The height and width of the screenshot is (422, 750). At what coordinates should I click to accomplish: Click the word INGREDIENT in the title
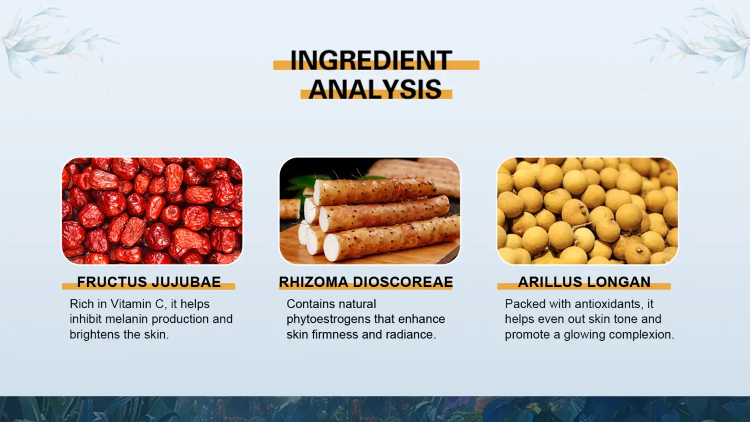371,61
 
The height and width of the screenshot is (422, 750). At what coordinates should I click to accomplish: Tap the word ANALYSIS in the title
375,90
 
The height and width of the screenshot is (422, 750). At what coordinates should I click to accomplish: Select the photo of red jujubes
152,210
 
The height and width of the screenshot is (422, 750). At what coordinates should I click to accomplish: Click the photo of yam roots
369,210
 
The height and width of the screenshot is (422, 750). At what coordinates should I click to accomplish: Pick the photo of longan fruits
587,210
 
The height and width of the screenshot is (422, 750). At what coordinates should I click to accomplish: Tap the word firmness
329,334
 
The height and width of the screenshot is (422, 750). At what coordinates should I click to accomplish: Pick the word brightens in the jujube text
94,334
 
